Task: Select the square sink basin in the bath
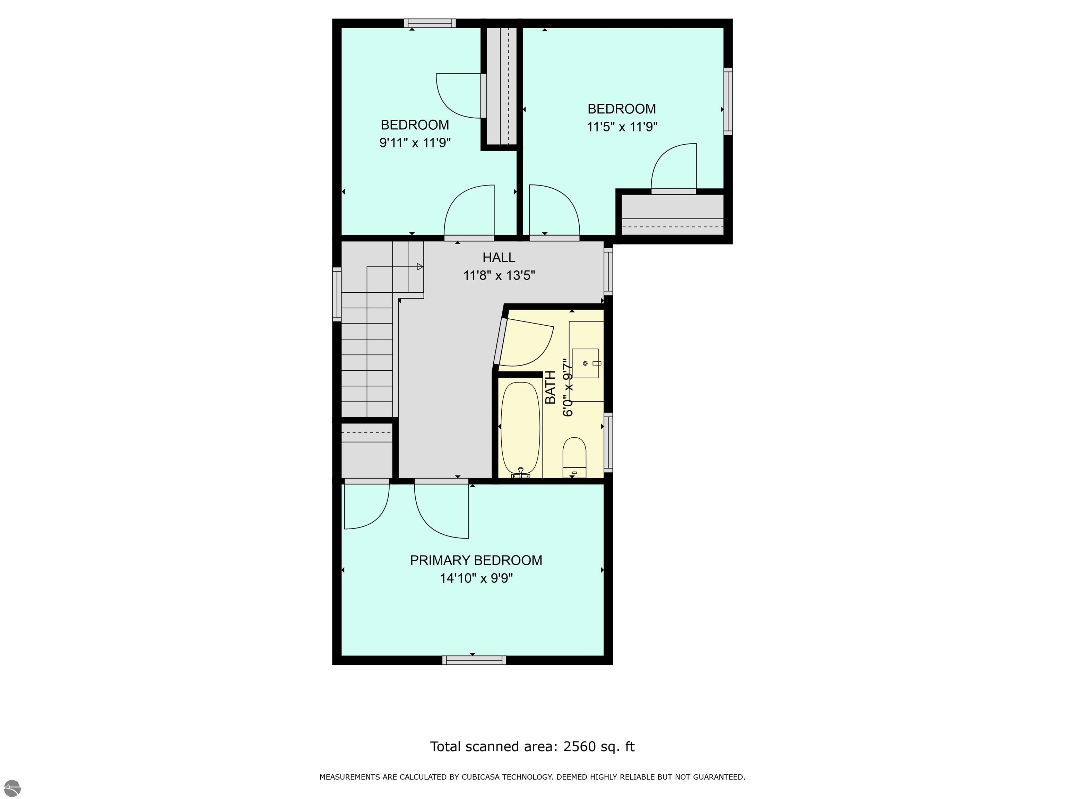586,363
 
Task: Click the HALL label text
499,258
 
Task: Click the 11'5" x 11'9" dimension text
622,127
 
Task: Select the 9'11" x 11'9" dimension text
415,143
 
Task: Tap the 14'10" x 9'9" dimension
476,578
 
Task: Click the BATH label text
550,388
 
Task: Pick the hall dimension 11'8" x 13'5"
499,275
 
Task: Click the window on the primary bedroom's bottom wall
474,660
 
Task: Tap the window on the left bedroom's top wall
430,23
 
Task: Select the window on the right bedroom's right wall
728,101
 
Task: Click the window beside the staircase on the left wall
337,294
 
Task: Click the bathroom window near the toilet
608,443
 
